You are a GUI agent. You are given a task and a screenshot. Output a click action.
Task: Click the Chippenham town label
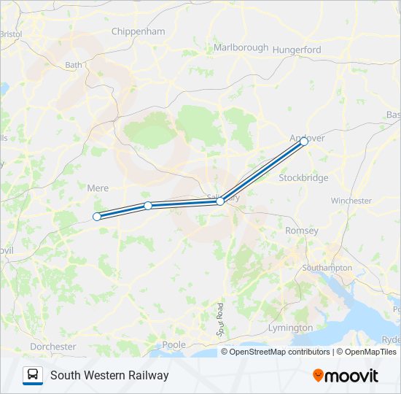(x=139, y=31)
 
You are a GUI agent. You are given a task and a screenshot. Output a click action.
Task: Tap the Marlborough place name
(x=241, y=47)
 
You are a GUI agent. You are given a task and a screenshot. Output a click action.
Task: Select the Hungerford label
(x=297, y=50)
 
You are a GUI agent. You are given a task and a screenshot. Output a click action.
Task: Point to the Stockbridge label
(x=304, y=177)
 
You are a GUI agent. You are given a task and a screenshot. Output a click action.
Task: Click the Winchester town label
(x=351, y=201)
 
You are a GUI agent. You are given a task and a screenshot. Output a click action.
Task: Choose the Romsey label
(x=302, y=231)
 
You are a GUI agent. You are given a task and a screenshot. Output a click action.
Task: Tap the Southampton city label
(x=327, y=268)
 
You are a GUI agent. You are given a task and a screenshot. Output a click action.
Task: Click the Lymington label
(x=290, y=328)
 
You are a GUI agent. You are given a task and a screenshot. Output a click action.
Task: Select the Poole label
(x=174, y=344)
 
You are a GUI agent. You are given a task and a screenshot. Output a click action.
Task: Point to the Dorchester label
(x=52, y=347)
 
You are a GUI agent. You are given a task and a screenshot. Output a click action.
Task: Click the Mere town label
(x=98, y=188)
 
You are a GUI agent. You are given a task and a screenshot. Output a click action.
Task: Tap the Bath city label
(x=74, y=65)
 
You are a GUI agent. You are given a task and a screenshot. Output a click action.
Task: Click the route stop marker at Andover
(x=304, y=142)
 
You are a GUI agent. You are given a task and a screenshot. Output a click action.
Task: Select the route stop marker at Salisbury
(x=220, y=201)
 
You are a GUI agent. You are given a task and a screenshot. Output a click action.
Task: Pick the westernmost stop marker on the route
(x=96, y=216)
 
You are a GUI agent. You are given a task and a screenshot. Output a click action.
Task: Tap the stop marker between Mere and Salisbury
(x=148, y=206)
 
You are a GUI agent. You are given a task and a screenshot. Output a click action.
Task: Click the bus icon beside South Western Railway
(x=33, y=375)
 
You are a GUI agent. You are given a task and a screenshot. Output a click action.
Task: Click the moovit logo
(x=346, y=376)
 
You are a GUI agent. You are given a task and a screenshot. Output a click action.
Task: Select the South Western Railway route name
(x=109, y=375)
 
